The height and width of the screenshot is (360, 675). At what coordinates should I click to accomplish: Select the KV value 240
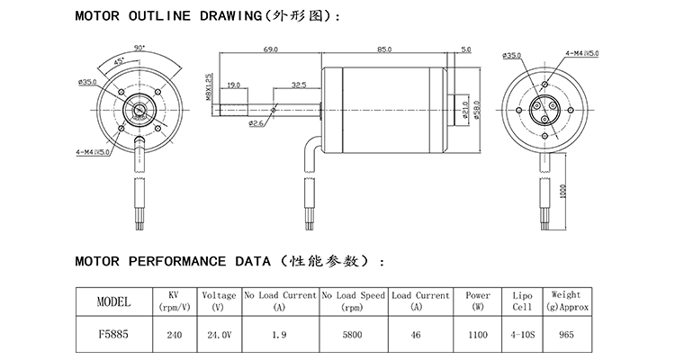coord(173,333)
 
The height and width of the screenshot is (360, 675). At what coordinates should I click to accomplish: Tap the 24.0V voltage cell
coord(219,333)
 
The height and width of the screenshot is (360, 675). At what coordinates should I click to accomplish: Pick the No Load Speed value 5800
coord(353,333)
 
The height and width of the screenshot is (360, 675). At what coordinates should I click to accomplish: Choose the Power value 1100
coord(478,333)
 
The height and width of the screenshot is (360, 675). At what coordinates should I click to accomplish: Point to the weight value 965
coord(566,333)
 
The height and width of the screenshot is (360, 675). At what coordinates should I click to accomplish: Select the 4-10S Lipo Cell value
coord(523,333)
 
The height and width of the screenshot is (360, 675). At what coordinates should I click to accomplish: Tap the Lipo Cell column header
coord(523,301)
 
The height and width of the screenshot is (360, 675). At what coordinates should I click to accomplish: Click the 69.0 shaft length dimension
coord(269,49)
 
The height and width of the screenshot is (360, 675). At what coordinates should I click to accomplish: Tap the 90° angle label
coord(139,46)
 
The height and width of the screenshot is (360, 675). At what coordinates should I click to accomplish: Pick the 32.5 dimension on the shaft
coord(299,85)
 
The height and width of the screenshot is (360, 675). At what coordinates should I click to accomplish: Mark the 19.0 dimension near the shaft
coord(234,85)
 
